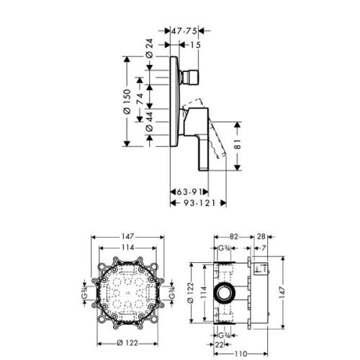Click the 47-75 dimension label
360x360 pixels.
click(x=186, y=32)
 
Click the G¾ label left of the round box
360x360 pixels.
click(x=85, y=294)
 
